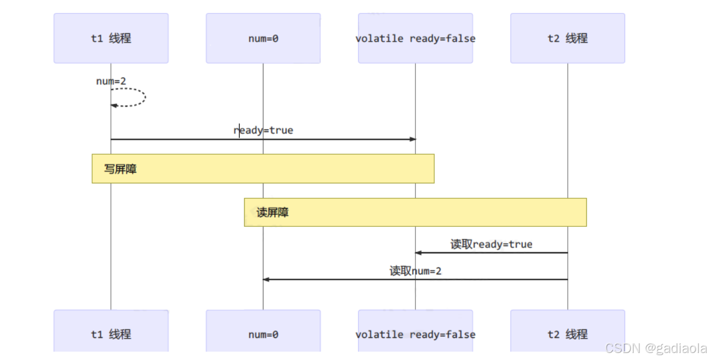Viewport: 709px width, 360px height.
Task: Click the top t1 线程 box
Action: click(x=111, y=38)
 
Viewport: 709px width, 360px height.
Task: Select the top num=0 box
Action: click(x=263, y=38)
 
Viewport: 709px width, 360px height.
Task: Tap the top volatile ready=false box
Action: click(x=415, y=38)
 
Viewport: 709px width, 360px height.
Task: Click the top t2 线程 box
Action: click(x=567, y=38)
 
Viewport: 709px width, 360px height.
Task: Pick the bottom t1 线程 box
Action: click(x=111, y=334)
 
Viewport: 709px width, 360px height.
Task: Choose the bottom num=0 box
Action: click(x=263, y=334)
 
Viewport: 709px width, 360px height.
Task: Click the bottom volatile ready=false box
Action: click(x=415, y=334)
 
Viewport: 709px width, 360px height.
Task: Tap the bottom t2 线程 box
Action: click(x=567, y=334)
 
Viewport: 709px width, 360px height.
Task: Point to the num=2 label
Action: click(x=111, y=81)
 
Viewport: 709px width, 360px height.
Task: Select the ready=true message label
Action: click(x=263, y=130)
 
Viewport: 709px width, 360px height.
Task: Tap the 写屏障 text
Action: click(x=120, y=169)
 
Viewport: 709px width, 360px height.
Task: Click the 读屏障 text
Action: click(x=272, y=212)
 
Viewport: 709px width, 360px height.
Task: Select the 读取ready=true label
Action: click(x=491, y=244)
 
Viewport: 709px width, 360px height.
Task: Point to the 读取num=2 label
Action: click(x=415, y=271)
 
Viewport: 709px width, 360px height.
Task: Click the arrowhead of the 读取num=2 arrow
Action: click(x=266, y=279)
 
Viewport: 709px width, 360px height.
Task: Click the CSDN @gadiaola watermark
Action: click(x=656, y=349)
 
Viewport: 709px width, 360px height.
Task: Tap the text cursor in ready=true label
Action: click(x=239, y=130)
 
